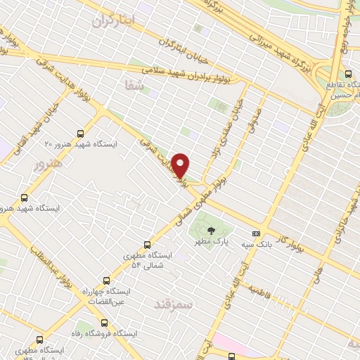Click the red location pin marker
point(181,165)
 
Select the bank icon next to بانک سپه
point(256,233)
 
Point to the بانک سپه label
point(257,244)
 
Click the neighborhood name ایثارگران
point(112,21)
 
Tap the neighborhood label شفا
point(133,86)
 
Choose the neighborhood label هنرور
point(48,164)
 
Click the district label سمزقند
point(175,304)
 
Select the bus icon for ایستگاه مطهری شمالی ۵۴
point(146,245)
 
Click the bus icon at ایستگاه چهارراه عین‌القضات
point(107,279)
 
